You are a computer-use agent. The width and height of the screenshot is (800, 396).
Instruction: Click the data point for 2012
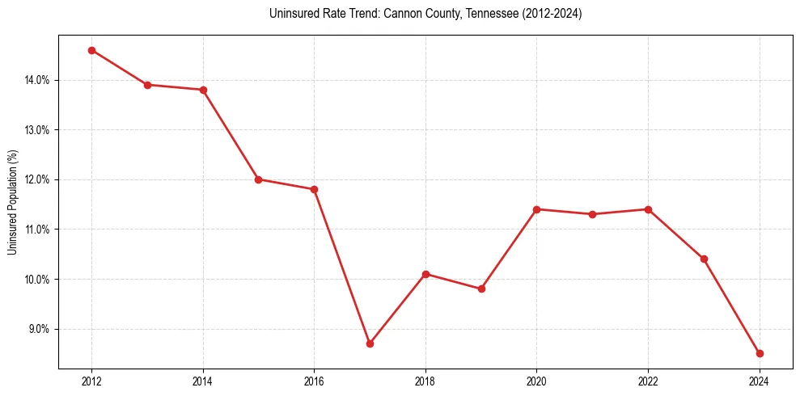91,50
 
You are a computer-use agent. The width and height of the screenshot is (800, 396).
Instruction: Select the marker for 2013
147,85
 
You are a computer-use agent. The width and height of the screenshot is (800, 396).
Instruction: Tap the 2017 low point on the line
370,343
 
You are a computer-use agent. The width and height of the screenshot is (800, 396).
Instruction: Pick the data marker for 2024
760,353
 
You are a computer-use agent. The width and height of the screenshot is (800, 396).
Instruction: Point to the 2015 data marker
258,179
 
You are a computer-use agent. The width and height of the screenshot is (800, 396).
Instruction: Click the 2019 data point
481,289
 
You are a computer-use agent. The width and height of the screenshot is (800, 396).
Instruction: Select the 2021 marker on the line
592,214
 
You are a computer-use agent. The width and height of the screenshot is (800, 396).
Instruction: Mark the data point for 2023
704,259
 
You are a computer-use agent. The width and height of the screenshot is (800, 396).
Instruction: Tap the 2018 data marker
425,274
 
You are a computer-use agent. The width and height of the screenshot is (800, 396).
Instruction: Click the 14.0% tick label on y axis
37,80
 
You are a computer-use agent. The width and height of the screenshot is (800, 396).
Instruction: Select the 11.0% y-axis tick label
37,230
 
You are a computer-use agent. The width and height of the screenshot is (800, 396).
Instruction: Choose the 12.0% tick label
37,179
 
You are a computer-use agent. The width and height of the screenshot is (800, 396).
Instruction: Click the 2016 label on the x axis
314,381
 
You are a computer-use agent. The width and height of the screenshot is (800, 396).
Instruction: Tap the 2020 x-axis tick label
536,381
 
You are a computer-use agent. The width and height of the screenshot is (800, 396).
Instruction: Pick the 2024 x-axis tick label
760,381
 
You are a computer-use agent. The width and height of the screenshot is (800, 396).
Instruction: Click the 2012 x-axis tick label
91,381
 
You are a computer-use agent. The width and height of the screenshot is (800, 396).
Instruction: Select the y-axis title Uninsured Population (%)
12,202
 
